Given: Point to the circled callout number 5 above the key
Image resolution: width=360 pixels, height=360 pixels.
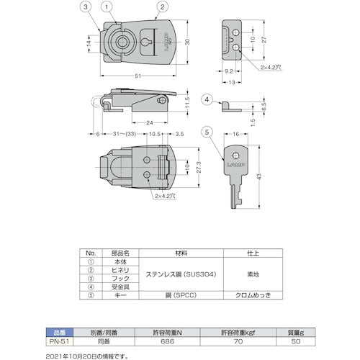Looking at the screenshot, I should click(207, 131).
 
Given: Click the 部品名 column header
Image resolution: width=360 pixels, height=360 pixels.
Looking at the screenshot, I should click(118, 254).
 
